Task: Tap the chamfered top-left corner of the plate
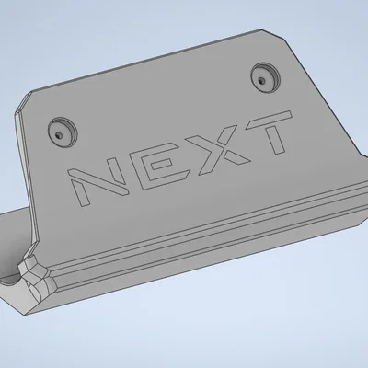click(25, 100)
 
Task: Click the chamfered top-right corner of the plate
click(272, 35)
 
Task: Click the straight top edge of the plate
click(147, 64)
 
